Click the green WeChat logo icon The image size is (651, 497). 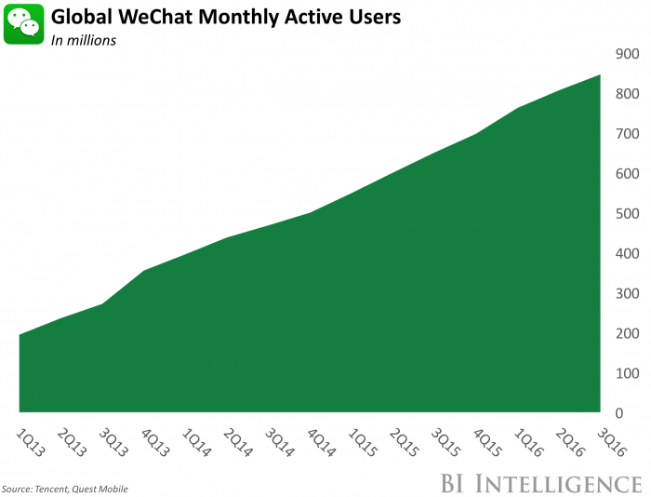pos(24,25)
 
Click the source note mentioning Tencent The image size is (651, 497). pos(65,489)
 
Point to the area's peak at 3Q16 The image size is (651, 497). pos(600,75)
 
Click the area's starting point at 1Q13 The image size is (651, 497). pos(20,335)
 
